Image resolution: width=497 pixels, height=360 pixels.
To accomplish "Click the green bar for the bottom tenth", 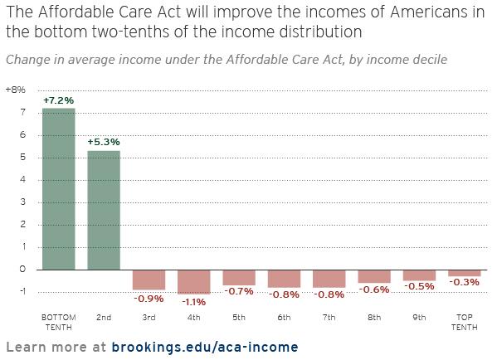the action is [59, 189].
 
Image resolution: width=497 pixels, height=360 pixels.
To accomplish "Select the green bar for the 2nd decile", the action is [104, 210].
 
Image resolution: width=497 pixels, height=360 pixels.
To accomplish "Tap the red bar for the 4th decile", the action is [193, 282].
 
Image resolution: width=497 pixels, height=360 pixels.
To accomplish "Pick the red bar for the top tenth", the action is [465, 273].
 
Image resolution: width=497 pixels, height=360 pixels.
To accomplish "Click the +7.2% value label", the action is [59, 100].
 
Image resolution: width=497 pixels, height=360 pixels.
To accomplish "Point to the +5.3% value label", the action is [104, 142].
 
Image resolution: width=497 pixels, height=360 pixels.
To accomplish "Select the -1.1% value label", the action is [194, 302].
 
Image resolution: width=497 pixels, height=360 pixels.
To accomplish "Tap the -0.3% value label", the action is [465, 282].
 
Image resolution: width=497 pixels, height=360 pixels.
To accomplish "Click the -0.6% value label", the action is [374, 289].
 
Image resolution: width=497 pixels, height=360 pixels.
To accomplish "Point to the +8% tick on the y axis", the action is [16, 90].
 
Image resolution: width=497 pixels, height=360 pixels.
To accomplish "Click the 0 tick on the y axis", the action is [22, 269].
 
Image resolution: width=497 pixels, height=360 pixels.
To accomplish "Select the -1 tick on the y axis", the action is [22, 291].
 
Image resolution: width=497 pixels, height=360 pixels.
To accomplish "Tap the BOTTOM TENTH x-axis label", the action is [59, 322].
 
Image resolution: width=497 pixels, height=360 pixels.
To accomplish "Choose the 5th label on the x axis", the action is [239, 317].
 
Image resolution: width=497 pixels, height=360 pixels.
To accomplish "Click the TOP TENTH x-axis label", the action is [465, 322].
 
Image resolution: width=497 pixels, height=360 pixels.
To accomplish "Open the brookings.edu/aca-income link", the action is [205, 347].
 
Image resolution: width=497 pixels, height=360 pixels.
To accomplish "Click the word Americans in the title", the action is [426, 12].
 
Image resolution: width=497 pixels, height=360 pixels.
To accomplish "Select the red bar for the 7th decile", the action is [329, 279].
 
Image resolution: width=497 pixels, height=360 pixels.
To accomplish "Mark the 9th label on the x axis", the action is [419, 317].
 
